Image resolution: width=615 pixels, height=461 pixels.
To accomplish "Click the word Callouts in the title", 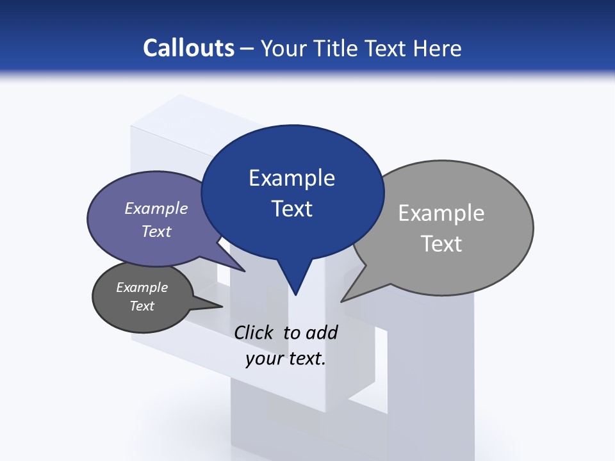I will [x=188, y=48].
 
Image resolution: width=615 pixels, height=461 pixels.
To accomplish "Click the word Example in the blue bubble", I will [x=291, y=178].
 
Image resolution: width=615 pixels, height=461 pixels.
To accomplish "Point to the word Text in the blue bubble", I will [x=291, y=209].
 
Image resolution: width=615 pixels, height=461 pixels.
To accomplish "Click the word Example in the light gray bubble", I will [x=441, y=213].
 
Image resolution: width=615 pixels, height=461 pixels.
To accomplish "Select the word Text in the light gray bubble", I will [x=441, y=244].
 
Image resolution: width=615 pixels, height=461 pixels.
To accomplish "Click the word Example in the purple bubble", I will [x=156, y=208].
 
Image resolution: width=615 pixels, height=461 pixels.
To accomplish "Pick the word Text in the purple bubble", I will [x=156, y=231].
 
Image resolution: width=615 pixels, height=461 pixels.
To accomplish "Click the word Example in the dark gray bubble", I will [x=142, y=287].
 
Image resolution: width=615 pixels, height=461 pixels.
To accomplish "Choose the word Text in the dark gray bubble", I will [x=142, y=306].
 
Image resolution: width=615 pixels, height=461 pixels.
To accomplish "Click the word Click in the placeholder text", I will [x=254, y=332].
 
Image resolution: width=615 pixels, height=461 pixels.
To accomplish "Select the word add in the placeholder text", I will [x=322, y=332].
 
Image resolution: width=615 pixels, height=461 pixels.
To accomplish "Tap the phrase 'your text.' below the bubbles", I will [x=286, y=359].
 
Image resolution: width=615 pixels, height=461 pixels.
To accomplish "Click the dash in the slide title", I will [x=248, y=48].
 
